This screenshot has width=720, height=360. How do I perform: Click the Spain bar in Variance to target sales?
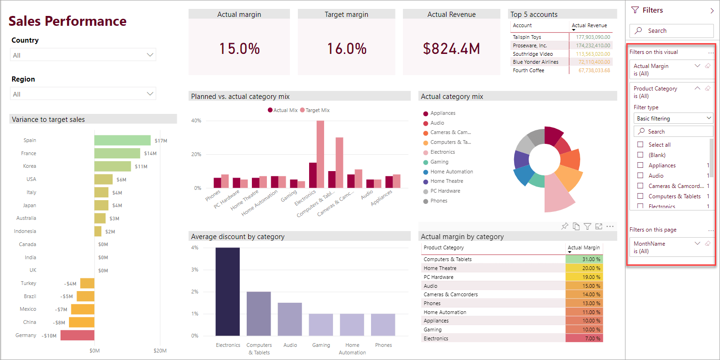pyautogui.click(x=122, y=140)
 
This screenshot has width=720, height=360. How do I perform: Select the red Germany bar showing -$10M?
pyautogui.click(x=77, y=335)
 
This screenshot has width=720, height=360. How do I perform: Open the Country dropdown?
pyautogui.click(x=83, y=55)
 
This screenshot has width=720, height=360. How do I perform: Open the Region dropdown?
pyautogui.click(x=83, y=94)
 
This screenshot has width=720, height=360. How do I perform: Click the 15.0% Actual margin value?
pyautogui.click(x=239, y=48)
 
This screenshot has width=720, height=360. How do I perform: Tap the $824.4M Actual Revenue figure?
pyautogui.click(x=451, y=48)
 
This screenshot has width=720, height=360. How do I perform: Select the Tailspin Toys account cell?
pyautogui.click(x=527, y=37)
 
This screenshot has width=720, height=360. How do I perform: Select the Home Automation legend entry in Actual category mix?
pyautogui.click(x=451, y=172)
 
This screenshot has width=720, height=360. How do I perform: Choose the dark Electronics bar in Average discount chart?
pyautogui.click(x=227, y=291)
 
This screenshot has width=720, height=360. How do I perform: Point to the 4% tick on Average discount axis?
pyautogui.click(x=195, y=247)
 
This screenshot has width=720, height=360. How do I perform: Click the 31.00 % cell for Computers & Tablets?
pyautogui.click(x=584, y=259)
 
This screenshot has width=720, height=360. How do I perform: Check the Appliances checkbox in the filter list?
pyautogui.click(x=640, y=165)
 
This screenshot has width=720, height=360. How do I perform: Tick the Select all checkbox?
pyautogui.click(x=640, y=145)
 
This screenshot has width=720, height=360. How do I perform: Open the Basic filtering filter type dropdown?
pyautogui.click(x=673, y=119)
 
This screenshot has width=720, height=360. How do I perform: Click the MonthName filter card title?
pyautogui.click(x=649, y=244)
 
